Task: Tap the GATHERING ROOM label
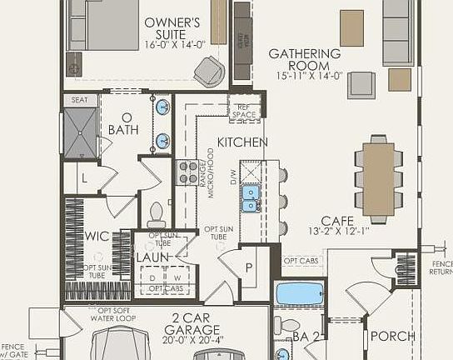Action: (304, 59)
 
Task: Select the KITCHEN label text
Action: (242, 142)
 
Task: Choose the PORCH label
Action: (393, 336)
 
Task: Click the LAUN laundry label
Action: (152, 257)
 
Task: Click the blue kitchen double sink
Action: (250, 198)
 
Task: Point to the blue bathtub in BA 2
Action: (300, 293)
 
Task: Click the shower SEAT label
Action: (79, 100)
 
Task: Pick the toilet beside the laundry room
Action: (156, 217)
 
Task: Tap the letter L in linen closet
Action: (85, 178)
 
